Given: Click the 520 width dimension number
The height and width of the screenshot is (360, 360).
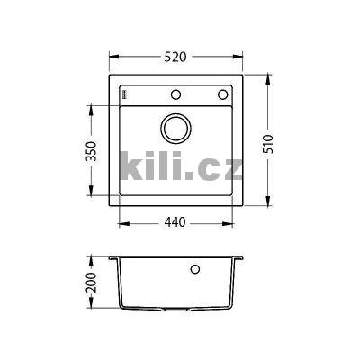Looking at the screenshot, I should click(x=175, y=58).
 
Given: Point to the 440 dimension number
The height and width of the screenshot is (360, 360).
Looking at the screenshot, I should click(x=176, y=223).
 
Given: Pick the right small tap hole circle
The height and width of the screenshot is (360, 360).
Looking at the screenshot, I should click(x=222, y=95).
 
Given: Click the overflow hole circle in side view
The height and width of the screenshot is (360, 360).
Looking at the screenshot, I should click(x=195, y=268).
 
